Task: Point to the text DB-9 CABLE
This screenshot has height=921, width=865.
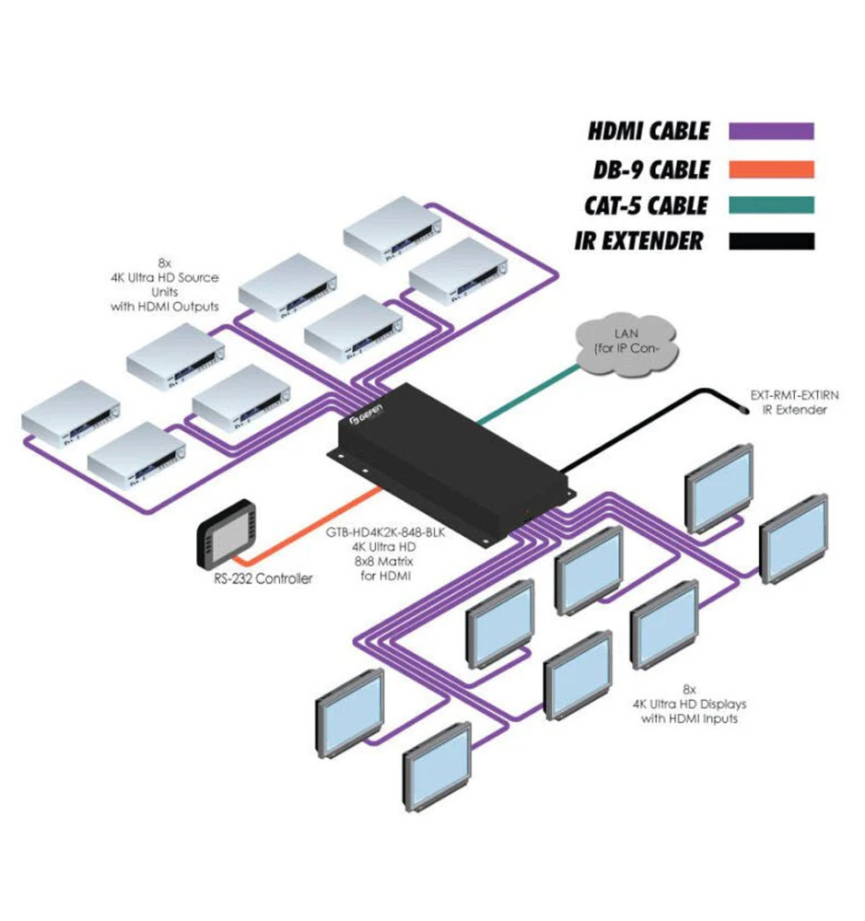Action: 650,169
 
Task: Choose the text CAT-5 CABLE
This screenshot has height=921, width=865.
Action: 644,204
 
